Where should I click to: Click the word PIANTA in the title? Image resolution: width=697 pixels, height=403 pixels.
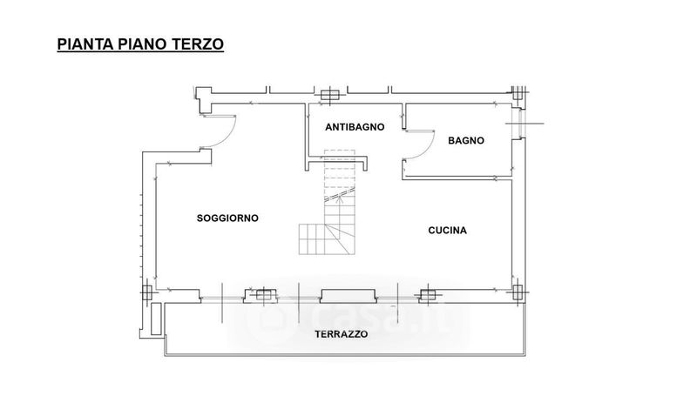point(85,44)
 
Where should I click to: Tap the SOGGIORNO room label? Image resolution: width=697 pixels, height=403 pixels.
point(227,218)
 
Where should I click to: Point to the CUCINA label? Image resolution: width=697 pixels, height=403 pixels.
point(447,230)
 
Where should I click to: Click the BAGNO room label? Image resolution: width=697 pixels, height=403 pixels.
point(466,140)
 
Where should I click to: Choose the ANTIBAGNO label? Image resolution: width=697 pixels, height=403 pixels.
point(355,127)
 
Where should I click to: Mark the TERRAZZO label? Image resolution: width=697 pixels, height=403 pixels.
point(342,334)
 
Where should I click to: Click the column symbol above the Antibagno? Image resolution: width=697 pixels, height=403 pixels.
point(330,95)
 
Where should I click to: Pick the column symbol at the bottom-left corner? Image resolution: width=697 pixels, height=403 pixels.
point(147,292)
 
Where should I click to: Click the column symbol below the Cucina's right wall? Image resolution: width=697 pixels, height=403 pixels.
point(518,292)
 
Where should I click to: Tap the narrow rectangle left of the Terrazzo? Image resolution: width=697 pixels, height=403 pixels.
point(156,319)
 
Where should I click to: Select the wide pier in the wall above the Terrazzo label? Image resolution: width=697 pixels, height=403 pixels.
point(348,296)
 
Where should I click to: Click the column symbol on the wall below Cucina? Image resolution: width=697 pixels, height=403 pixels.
point(428,294)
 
